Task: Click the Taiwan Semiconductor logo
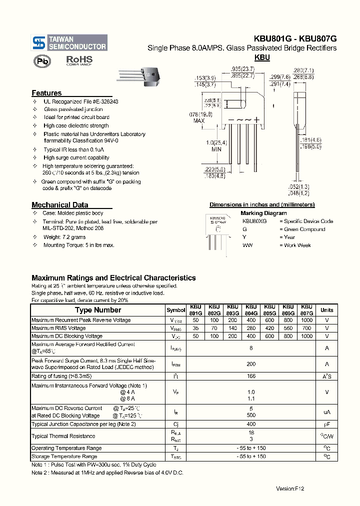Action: click(69, 42)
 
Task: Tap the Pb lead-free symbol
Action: click(42, 61)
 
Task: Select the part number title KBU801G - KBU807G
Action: click(295, 38)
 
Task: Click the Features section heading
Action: click(46, 93)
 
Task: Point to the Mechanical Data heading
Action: click(59, 204)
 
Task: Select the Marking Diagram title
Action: click(263, 213)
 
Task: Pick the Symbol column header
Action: click(175, 310)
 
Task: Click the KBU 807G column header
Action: click(306, 310)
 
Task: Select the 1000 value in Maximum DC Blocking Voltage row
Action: click(306, 336)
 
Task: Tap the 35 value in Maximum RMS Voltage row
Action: click(195, 328)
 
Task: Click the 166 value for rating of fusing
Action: click(251, 376)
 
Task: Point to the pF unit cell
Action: click(327, 424)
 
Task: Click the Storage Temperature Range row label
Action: click(64, 456)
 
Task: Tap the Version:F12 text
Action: click(290, 488)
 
